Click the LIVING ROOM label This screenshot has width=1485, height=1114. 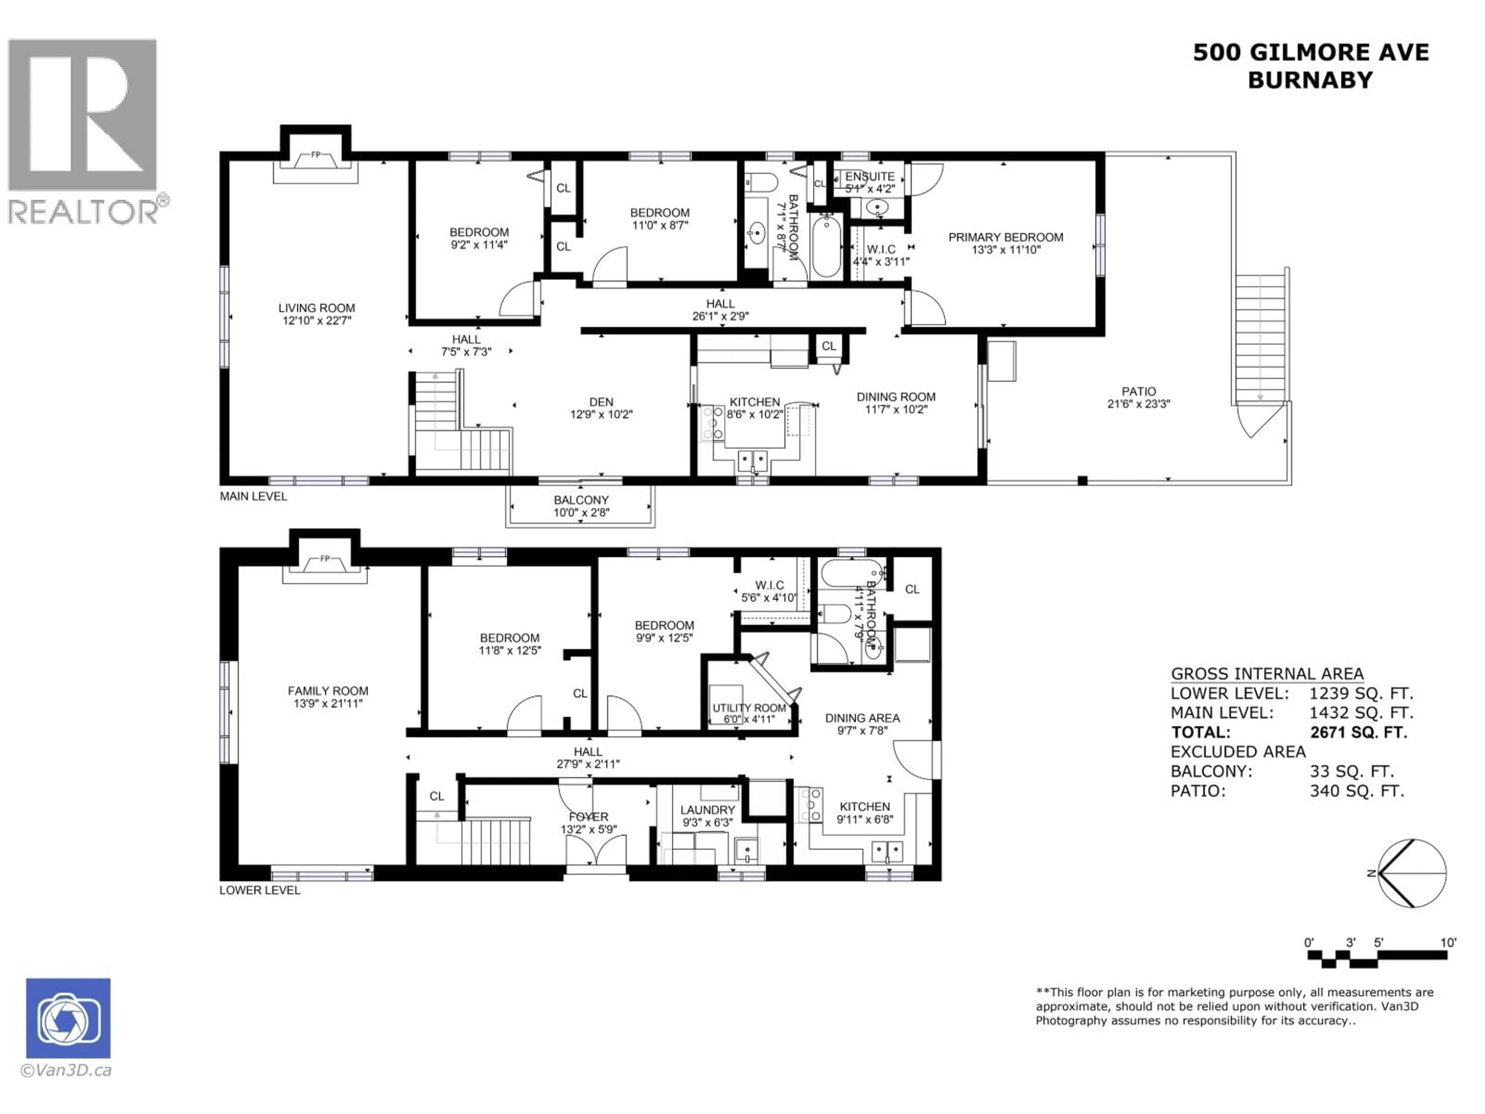coord(316,308)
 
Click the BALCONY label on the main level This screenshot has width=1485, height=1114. coord(581,500)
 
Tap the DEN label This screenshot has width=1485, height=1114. coord(601,402)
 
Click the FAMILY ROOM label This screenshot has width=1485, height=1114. coord(328,691)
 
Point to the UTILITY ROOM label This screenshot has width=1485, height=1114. coord(749,708)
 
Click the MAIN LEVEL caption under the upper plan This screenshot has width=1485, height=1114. coord(253,496)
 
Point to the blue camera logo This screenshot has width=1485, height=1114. coord(68,1018)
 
